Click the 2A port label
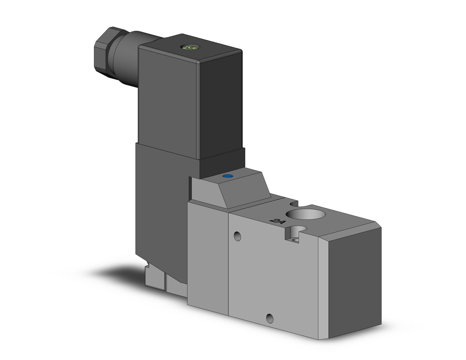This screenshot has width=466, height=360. click(x=276, y=221)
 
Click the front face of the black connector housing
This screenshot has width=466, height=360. click(x=169, y=100)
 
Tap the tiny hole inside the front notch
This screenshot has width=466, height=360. click(x=296, y=238)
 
